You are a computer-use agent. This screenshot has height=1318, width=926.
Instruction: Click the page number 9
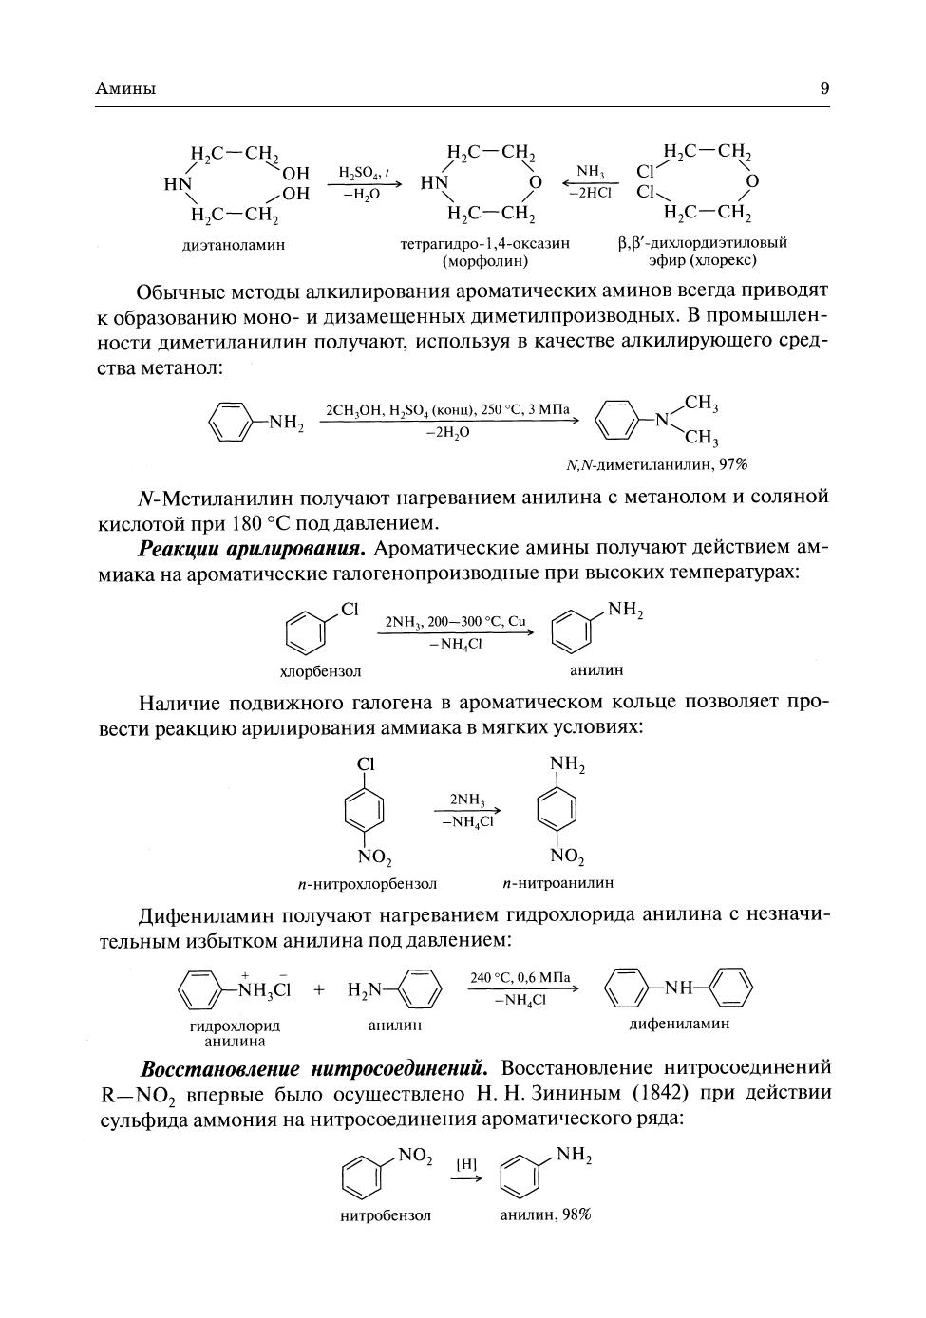[824, 88]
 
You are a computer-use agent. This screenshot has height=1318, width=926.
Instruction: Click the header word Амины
[126, 89]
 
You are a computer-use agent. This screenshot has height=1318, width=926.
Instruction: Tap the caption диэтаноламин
[234, 244]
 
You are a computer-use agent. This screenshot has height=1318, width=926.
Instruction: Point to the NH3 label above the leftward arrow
[590, 172]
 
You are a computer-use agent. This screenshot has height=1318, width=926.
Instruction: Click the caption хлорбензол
[320, 671]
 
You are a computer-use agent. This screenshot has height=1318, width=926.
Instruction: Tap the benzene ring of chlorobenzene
[305, 631]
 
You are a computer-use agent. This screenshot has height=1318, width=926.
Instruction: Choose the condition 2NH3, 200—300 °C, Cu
[455, 622]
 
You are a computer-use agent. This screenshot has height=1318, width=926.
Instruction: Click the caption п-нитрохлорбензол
[367, 883]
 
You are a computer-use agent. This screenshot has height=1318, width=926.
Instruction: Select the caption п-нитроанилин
[558, 882]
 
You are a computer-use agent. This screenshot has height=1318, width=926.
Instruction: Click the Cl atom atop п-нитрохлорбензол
[366, 764]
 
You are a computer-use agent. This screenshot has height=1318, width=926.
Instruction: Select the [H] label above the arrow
[466, 1164]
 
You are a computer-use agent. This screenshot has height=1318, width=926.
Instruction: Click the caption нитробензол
[385, 1215]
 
